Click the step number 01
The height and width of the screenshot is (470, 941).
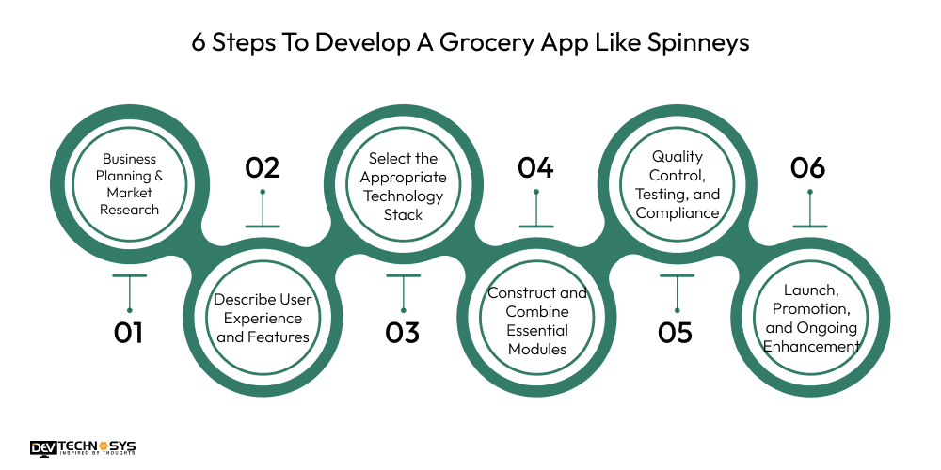click(x=129, y=333)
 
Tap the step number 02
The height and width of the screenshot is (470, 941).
click(x=263, y=168)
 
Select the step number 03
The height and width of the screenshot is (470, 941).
click(x=402, y=333)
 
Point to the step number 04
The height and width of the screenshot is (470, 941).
click(x=535, y=168)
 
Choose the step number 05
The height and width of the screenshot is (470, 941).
click(x=675, y=333)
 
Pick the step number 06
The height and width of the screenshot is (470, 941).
click(x=807, y=168)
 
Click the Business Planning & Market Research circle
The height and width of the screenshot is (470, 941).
click(x=129, y=184)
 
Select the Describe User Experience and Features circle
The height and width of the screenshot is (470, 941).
click(x=263, y=318)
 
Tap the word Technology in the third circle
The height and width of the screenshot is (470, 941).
click(x=403, y=196)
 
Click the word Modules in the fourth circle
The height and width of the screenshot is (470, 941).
click(x=536, y=349)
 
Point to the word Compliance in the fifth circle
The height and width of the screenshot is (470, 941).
click(x=678, y=212)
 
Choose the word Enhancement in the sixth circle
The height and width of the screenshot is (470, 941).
click(x=811, y=346)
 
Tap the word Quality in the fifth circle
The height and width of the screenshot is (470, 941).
click(x=678, y=157)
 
